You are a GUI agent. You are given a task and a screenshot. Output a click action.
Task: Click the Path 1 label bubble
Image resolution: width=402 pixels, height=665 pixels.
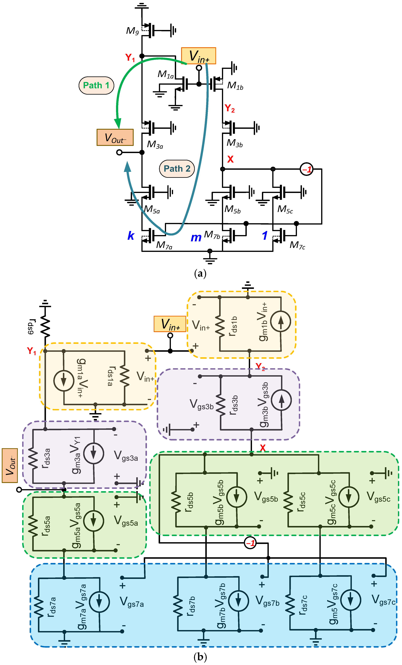[x=96, y=85]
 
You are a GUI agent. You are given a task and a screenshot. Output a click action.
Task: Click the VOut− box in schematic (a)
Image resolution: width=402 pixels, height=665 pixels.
[x=115, y=137]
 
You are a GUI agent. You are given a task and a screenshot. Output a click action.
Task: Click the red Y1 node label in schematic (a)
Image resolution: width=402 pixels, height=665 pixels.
[x=130, y=57]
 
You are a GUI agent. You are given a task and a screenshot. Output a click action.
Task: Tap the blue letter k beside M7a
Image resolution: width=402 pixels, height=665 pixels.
[x=131, y=236]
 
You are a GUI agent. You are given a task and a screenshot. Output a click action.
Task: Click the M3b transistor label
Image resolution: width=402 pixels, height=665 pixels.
[x=234, y=143]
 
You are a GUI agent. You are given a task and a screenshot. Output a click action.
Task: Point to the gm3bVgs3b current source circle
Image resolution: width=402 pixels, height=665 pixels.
[x=281, y=400]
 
